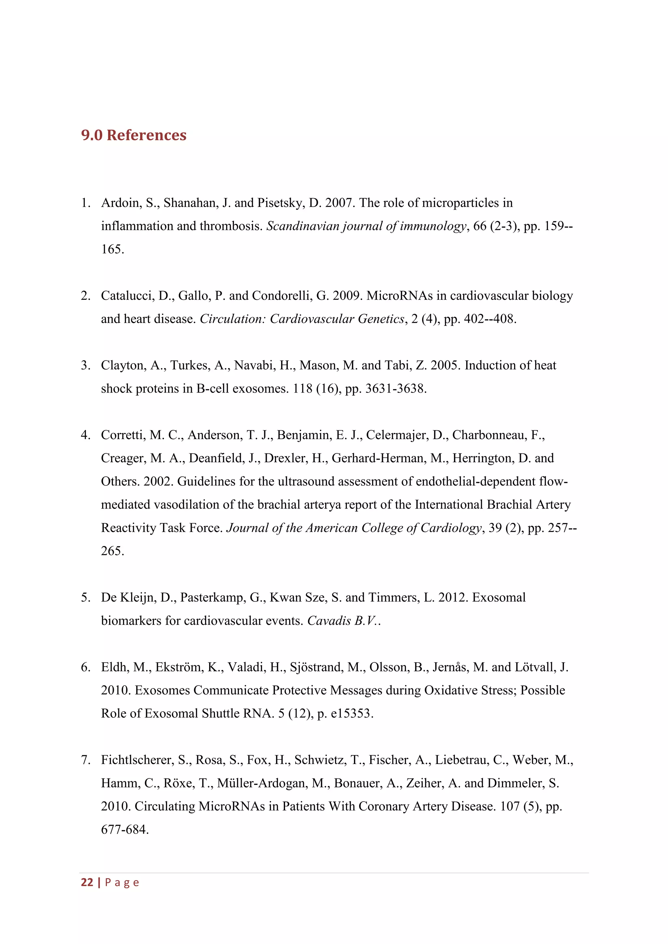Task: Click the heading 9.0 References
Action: [134, 135]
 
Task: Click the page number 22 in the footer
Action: [87, 882]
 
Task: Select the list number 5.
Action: [85, 597]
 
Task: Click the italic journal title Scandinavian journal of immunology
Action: [366, 226]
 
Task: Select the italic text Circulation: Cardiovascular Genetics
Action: [302, 319]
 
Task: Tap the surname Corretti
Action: [123, 435]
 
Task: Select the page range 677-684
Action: [124, 830]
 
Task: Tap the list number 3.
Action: [85, 365]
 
